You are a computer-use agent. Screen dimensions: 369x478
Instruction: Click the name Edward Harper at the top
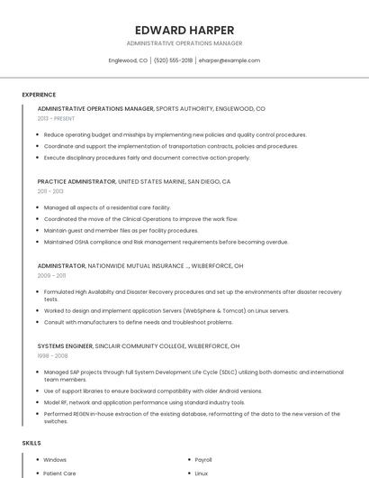[x=184, y=30]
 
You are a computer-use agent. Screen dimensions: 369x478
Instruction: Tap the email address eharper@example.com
[x=229, y=60]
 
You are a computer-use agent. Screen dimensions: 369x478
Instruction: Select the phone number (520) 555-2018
[x=173, y=60]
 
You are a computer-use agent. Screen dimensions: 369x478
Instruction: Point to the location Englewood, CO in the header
[x=128, y=60]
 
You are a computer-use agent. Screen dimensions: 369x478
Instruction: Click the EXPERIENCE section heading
[x=39, y=95]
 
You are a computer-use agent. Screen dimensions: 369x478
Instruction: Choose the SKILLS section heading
[x=31, y=444]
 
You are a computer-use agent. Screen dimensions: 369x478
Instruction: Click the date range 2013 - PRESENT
[x=56, y=118]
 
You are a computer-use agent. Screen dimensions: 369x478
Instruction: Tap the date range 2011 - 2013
[x=50, y=191]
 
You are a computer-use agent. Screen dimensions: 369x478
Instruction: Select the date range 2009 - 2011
[x=51, y=276]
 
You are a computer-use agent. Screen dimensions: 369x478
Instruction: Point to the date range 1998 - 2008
[x=52, y=355]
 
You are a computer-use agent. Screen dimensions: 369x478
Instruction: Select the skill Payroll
[x=203, y=460]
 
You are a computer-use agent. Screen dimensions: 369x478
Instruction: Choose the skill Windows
[x=55, y=460]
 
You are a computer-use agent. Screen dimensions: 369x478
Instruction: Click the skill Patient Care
[x=59, y=473]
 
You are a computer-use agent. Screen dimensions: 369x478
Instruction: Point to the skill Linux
[x=202, y=473]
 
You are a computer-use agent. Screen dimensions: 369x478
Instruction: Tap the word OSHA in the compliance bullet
[x=85, y=242]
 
